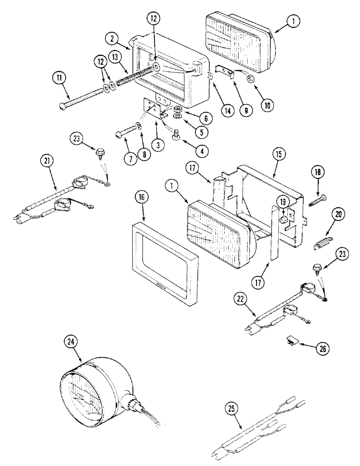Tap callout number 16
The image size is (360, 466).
pos(142,198)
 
